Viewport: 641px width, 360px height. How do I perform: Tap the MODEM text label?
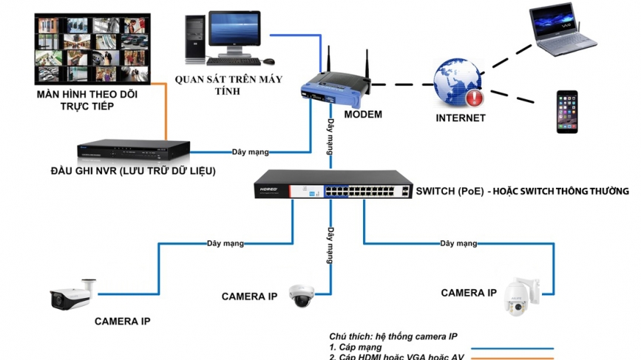(363, 114)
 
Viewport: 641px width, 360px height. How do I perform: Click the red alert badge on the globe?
(474, 97)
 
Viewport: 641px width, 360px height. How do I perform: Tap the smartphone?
(567, 112)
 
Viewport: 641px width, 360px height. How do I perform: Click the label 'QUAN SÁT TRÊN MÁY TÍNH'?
(229, 84)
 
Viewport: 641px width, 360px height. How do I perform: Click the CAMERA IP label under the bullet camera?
(122, 322)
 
